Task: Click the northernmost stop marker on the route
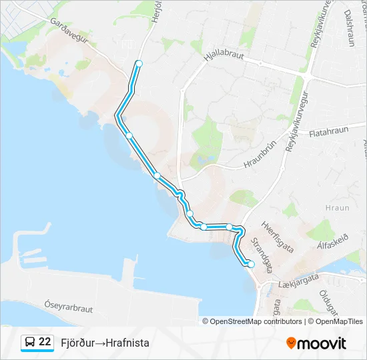pos(139,63)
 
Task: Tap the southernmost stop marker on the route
pos(252,265)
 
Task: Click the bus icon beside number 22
pos(29,343)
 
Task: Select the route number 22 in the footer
pos(45,342)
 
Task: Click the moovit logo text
pos(322,343)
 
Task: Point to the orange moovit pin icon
pos(291,343)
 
